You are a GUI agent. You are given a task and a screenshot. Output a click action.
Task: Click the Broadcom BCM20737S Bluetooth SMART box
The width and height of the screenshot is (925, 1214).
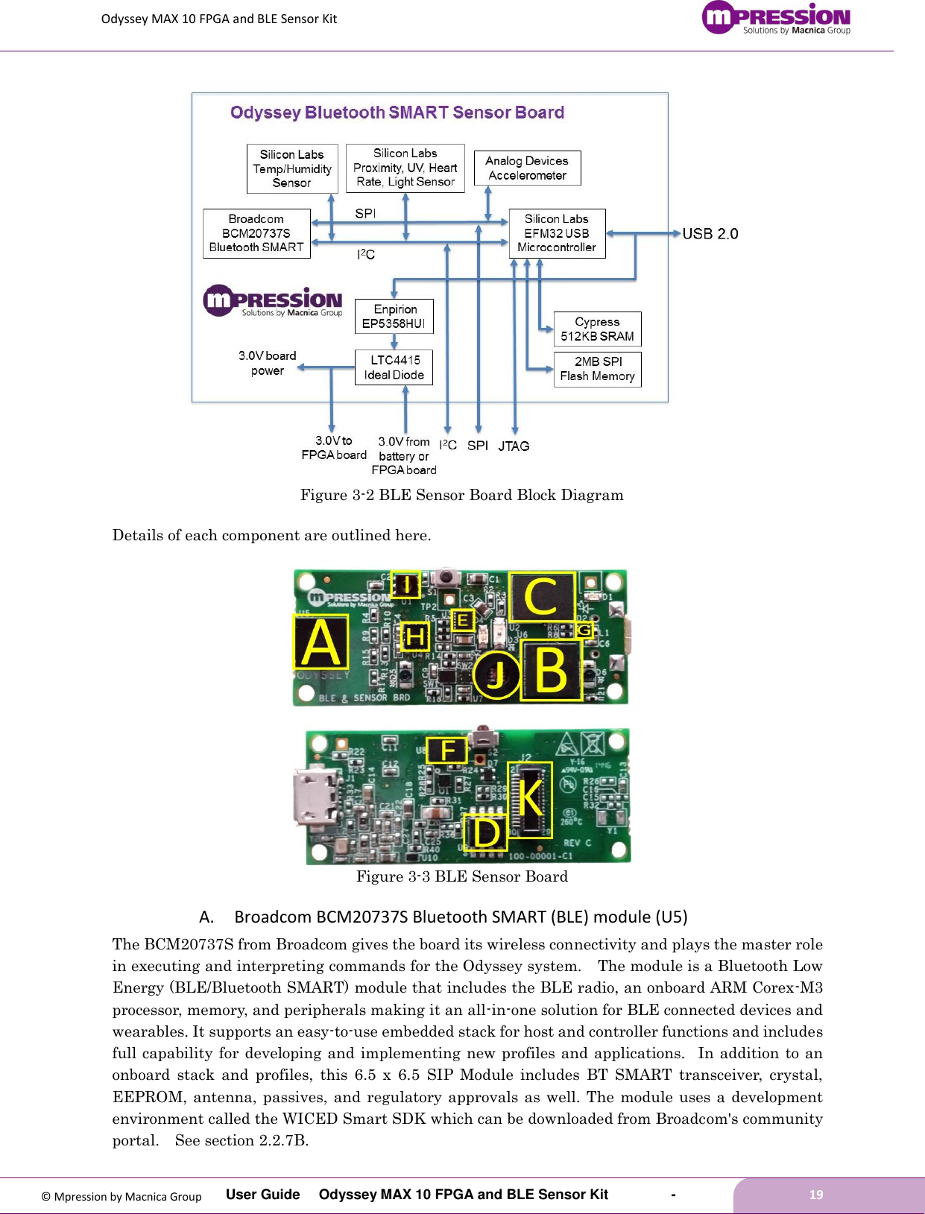(x=256, y=233)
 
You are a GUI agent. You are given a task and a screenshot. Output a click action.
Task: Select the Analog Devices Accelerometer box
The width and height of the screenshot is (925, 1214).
(x=527, y=168)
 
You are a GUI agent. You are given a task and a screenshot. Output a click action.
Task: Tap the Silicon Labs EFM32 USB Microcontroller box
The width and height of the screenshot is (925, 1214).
(x=557, y=233)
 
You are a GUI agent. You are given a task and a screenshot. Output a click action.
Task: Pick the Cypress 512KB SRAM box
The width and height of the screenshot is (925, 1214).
(x=597, y=329)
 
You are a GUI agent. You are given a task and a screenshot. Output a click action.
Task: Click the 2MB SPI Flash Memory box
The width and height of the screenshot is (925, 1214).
(x=597, y=369)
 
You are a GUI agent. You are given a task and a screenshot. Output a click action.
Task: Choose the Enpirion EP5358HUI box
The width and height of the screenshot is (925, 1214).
(x=394, y=316)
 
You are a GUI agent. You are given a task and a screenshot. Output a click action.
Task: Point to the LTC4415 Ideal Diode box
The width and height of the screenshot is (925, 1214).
(x=394, y=367)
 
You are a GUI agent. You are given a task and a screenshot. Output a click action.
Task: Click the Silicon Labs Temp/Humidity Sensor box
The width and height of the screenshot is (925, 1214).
(x=291, y=168)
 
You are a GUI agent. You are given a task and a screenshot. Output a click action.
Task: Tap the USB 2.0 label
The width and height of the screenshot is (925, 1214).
(x=710, y=234)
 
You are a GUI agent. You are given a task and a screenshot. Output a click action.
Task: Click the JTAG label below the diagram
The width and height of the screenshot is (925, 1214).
(x=514, y=446)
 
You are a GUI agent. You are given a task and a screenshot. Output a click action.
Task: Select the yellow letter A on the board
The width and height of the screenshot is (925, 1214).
(x=321, y=642)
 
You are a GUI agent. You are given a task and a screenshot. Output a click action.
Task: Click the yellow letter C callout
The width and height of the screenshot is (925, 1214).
(x=541, y=596)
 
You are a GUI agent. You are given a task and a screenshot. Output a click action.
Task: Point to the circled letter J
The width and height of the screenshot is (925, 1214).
(x=496, y=674)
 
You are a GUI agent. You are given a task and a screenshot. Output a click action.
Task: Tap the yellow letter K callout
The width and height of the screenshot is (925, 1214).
(x=530, y=799)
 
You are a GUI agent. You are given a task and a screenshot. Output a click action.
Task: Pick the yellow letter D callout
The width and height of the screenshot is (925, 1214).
(x=486, y=832)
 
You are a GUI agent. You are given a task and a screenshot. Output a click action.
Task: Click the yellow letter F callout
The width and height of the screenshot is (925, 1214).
(x=446, y=750)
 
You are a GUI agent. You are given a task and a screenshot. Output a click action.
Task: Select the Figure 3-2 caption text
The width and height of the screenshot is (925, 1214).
(x=461, y=496)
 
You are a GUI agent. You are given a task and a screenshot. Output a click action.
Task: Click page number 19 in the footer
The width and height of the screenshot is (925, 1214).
(x=816, y=1195)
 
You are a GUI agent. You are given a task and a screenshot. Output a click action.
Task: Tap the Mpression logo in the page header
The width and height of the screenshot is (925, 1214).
(x=776, y=18)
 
